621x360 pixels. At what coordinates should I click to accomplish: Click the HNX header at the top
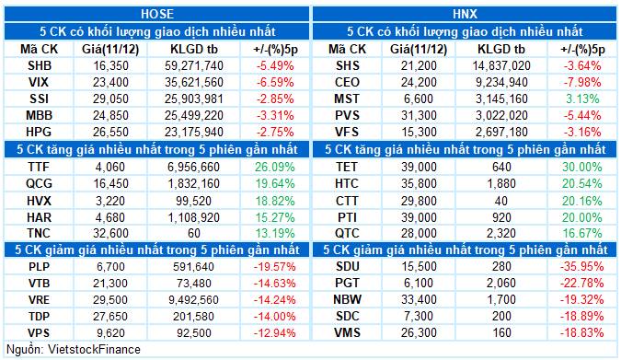coord(466,14)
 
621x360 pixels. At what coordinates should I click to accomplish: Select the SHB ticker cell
coord(40,66)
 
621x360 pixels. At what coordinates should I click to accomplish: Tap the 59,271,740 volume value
coord(193,66)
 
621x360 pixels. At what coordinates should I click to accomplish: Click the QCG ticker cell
coord(40,185)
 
